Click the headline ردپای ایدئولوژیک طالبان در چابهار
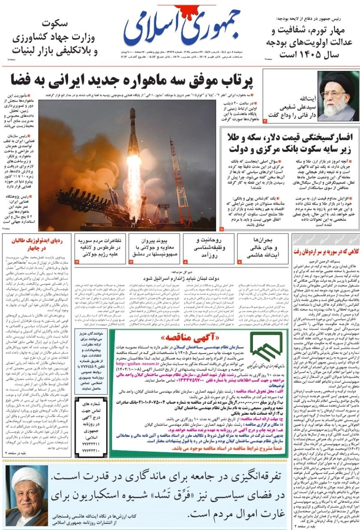(x=37, y=245)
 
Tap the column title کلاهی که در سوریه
(x=326, y=251)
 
